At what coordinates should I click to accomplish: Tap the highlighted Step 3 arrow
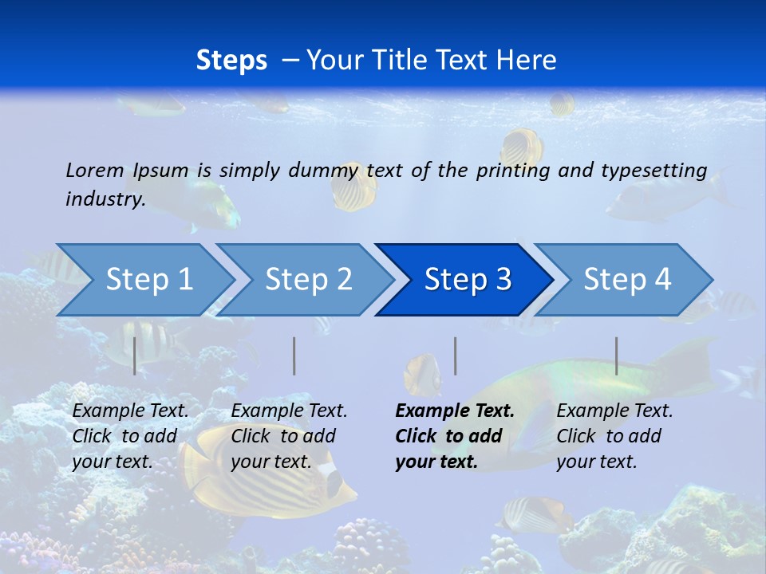coord(468,280)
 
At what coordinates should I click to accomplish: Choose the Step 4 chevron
coord(627,280)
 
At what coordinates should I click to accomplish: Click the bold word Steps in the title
coord(231,60)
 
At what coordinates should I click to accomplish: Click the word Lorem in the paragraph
coord(95,170)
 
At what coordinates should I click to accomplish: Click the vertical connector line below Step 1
coord(135,356)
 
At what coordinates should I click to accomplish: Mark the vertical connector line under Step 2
coord(294,356)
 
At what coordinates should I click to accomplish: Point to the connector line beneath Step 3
coord(455,356)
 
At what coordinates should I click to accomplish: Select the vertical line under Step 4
coord(616,356)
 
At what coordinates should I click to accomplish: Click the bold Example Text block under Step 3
coord(454,436)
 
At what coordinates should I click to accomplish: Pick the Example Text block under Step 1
coord(131,436)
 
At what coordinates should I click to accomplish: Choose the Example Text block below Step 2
coord(289,436)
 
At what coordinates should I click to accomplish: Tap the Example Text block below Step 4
coord(614,436)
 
